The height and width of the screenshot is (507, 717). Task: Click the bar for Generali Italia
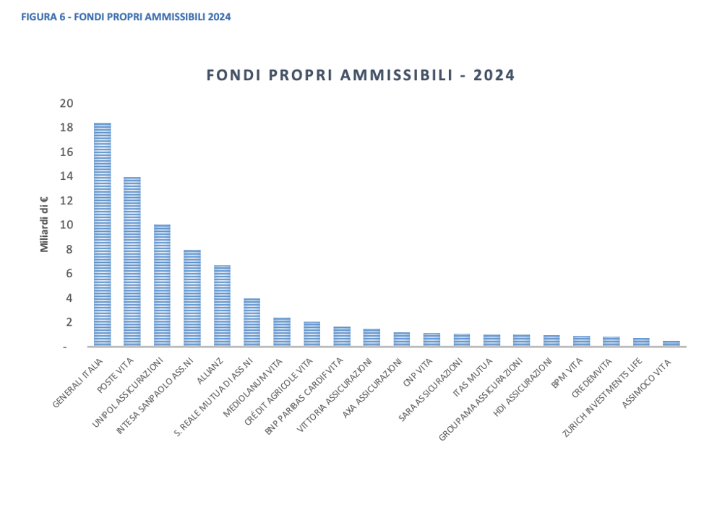tap(102, 235)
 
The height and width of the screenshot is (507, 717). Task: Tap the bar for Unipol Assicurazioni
tap(162, 285)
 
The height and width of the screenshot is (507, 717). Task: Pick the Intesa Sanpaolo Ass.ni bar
tap(192, 298)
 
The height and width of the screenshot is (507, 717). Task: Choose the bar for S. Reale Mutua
tap(252, 323)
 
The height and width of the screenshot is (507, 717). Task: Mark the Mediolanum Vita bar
tap(282, 332)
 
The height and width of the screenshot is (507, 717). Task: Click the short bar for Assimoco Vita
tap(671, 344)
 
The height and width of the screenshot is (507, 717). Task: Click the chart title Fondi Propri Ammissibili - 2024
tap(361, 75)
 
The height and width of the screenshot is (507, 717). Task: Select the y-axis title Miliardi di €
tap(44, 225)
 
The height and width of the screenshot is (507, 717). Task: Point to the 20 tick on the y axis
tap(66, 103)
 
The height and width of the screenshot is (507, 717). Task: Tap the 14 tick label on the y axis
tap(66, 176)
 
